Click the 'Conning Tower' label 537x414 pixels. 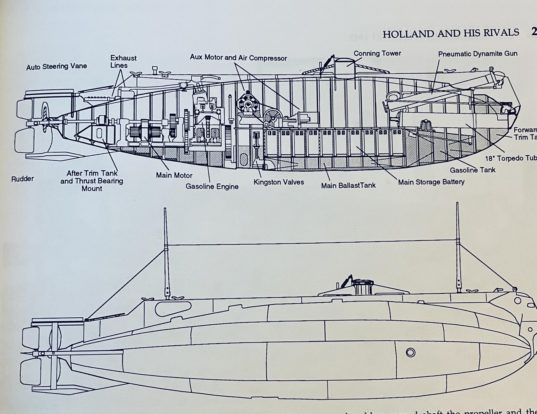377,53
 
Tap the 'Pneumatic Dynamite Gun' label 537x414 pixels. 478,54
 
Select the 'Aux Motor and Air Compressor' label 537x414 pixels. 238,58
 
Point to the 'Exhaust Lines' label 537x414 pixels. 123,62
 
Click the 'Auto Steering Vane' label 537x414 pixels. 56,67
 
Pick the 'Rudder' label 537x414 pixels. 23,179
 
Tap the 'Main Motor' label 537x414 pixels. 174,175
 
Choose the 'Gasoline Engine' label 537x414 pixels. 212,187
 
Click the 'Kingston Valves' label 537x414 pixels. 278,182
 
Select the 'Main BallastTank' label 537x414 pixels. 348,186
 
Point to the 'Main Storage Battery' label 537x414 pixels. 431,182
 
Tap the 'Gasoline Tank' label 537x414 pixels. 472,170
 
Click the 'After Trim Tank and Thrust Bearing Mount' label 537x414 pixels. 92,181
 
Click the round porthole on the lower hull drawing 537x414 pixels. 410,352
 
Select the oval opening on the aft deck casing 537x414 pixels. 173,308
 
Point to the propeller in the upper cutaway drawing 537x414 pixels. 45,117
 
